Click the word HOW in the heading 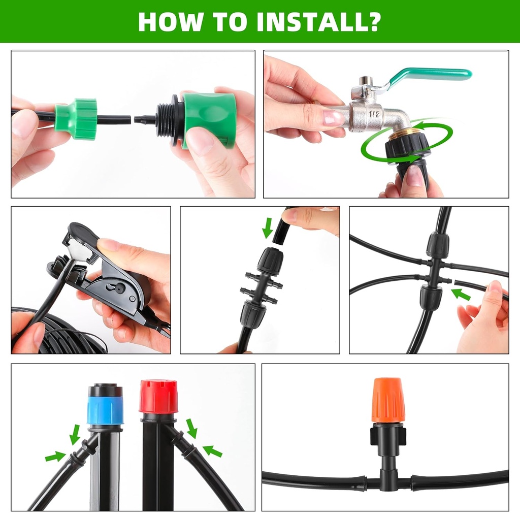[x=168, y=21]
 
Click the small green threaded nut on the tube [x=76, y=118]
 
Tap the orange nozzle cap [x=388, y=400]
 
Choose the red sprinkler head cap [x=158, y=396]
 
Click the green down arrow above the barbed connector [x=268, y=228]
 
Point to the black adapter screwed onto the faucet [x=406, y=152]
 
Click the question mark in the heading [x=374, y=21]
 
